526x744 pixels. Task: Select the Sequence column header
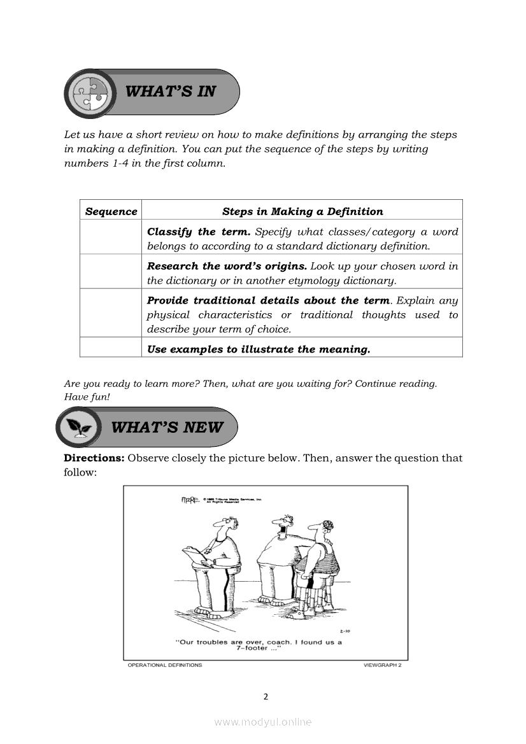111,211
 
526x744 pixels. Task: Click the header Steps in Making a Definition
302,211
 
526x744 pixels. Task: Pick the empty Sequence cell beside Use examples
111,348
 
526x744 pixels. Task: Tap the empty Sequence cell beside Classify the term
111,239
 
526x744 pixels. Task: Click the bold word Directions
94,458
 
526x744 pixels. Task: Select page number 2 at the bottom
266,696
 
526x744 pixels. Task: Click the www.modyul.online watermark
263,722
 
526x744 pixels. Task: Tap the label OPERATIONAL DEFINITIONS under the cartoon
165,665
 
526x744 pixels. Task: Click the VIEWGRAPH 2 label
382,665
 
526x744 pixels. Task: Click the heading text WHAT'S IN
171,91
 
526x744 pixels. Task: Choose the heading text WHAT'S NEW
167,427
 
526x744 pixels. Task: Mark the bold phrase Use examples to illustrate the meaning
258,349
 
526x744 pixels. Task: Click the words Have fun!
83,397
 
